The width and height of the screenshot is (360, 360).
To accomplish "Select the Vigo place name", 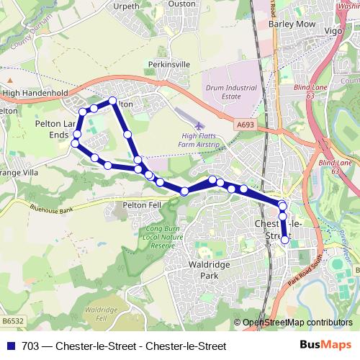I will (x=333, y=32).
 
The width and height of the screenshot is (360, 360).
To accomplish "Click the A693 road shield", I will (x=246, y=125).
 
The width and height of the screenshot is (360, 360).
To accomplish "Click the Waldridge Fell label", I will (x=95, y=313).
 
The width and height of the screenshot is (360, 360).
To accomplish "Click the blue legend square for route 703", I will (x=9, y=346).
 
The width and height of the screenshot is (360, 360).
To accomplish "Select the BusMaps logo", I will (x=330, y=345).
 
